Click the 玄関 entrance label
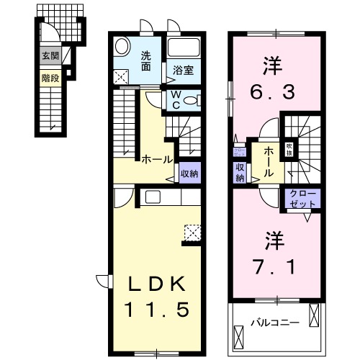point(49,57)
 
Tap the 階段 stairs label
point(49,74)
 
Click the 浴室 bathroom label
point(183,71)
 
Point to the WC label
point(176,100)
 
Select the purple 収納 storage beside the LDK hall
point(189,174)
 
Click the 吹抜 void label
point(289,148)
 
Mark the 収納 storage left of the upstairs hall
point(240,172)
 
